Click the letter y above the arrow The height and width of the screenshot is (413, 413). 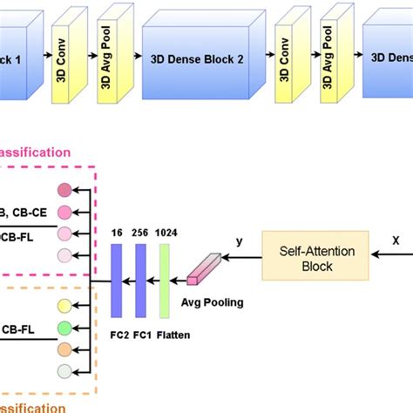click(238, 240)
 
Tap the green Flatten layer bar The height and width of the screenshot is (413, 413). click(163, 274)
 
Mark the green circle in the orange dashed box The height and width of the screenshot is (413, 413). click(64, 328)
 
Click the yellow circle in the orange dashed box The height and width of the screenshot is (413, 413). click(64, 306)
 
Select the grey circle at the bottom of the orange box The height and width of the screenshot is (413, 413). click(64, 371)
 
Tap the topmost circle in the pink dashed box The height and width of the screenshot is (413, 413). click(64, 190)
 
